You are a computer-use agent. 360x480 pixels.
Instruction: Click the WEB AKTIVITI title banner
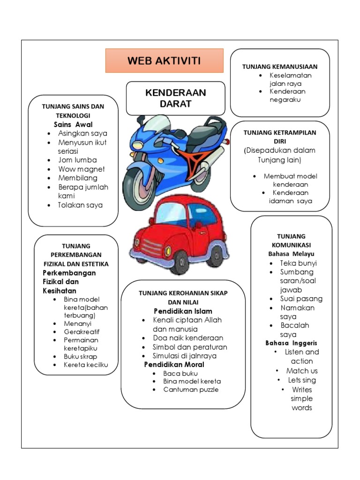point(164,60)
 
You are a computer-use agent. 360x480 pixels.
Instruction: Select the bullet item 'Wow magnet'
point(82,169)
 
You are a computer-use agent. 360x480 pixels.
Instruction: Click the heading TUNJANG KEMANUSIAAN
point(280,67)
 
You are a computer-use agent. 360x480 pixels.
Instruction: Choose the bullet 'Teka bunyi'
point(299,263)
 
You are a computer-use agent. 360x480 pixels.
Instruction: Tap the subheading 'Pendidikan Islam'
point(183,311)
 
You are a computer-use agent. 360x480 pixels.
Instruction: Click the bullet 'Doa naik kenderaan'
point(188,338)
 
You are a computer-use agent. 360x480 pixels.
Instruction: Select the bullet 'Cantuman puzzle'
point(191,390)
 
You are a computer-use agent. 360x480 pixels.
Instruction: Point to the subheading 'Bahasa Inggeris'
point(291,343)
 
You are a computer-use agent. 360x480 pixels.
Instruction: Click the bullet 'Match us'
point(302,371)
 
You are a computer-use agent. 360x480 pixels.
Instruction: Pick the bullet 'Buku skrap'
point(81,356)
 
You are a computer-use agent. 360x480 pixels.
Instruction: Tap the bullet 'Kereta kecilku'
point(86,365)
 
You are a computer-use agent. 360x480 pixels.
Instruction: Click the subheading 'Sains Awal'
point(73,125)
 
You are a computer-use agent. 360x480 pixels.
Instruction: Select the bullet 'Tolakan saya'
point(80,205)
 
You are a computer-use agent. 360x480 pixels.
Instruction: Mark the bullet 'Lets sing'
point(302,380)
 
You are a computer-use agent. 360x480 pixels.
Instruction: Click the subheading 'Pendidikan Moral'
point(174,365)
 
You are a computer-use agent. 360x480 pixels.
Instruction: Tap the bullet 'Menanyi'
point(78,323)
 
